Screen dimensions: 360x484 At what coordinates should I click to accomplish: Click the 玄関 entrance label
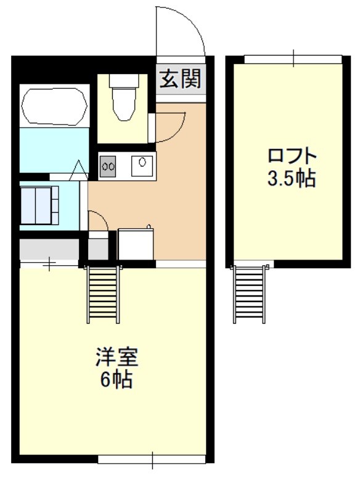tap(180, 79)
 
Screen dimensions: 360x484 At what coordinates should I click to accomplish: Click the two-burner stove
tap(107, 166)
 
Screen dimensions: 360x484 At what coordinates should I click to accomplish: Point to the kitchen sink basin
tap(142, 166)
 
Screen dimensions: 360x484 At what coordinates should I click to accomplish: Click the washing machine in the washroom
tap(39, 205)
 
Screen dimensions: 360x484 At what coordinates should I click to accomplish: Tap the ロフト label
tap(292, 156)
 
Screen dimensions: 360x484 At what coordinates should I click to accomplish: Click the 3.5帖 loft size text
tap(292, 178)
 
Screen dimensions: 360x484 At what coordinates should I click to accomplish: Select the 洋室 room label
tap(117, 357)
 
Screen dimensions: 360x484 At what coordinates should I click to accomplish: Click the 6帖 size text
tap(117, 379)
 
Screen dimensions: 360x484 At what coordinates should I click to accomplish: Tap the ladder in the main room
tap(104, 294)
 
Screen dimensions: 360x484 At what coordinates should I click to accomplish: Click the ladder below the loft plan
tap(250, 294)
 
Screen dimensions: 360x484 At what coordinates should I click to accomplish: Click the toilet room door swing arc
tap(177, 133)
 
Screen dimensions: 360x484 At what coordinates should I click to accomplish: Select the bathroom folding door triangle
tap(79, 170)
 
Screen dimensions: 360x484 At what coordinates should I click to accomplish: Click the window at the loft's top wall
tap(293, 59)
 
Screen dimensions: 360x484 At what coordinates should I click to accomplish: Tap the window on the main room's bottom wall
tap(152, 459)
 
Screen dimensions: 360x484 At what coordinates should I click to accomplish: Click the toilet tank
tap(124, 81)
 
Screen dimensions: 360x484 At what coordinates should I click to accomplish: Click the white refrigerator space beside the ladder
tap(136, 244)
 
